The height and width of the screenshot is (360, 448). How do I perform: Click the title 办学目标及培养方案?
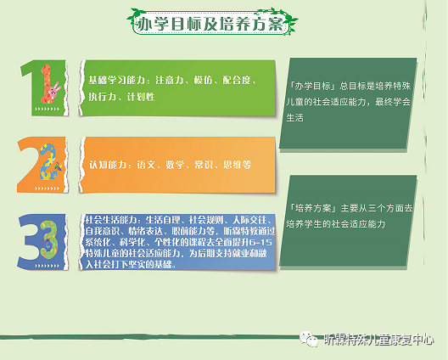coord(218,24)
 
